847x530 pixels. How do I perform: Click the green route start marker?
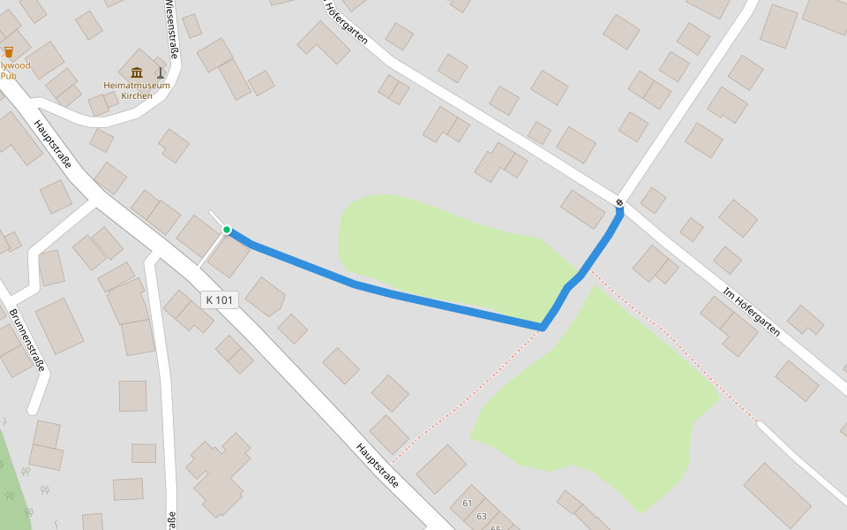227,230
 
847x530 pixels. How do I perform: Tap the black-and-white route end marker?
619,204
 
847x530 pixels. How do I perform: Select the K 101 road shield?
219,299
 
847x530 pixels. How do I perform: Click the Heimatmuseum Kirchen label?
137,90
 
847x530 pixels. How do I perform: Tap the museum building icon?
136,72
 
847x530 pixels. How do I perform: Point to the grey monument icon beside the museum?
160,72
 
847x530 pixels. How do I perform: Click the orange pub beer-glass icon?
9,52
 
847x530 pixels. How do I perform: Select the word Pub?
9,76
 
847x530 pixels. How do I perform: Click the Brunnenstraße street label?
26,340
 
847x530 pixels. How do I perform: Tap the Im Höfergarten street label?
751,312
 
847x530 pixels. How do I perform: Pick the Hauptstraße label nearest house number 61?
378,466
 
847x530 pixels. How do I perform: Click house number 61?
468,503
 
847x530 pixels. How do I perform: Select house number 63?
482,516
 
